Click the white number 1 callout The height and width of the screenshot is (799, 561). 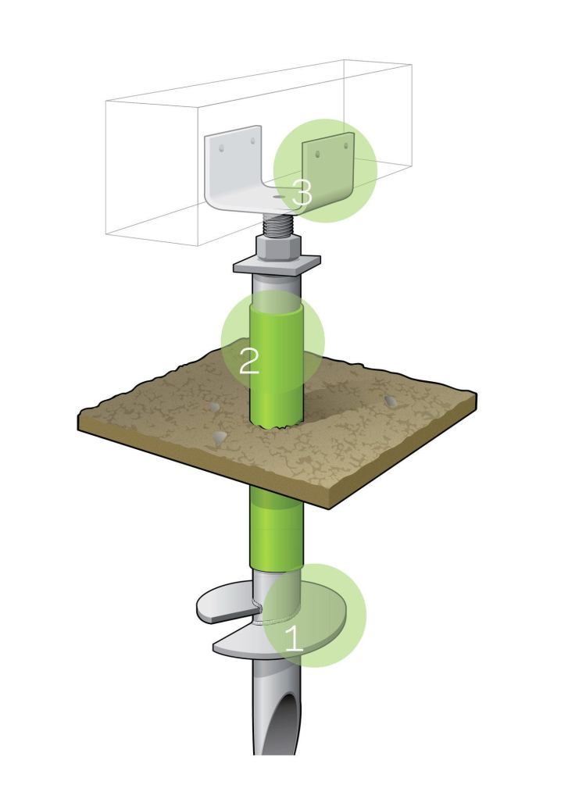(293, 638)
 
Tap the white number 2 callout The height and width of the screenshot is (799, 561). (249, 361)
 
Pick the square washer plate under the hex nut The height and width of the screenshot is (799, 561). (277, 264)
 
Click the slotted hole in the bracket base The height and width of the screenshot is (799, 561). (278, 200)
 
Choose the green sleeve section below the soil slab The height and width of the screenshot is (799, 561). (276, 527)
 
